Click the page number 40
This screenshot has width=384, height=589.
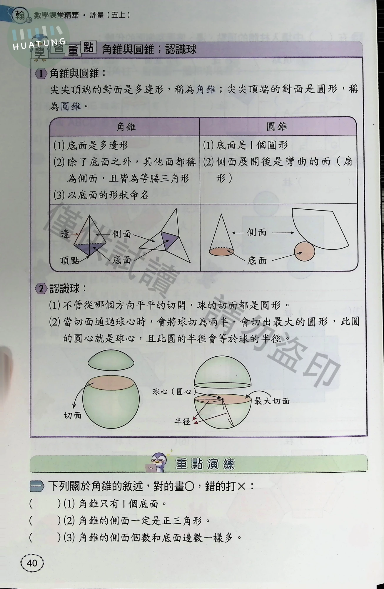[x=32, y=563]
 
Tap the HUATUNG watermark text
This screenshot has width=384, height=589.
[x=39, y=44]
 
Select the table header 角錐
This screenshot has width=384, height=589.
[x=126, y=127]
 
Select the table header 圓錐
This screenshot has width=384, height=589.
[x=277, y=127]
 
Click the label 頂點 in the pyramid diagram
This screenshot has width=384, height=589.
[x=70, y=260]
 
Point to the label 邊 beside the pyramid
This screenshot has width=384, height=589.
[x=65, y=234]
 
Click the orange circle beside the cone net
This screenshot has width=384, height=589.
[x=305, y=251]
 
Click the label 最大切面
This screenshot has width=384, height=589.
[x=272, y=401]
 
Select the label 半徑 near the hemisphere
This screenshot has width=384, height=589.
[x=182, y=422]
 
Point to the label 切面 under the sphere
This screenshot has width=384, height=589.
[x=73, y=415]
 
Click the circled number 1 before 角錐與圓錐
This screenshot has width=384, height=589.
[x=41, y=74]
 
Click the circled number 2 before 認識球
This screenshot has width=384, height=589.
[x=41, y=289]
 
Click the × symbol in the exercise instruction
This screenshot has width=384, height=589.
[x=241, y=486]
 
